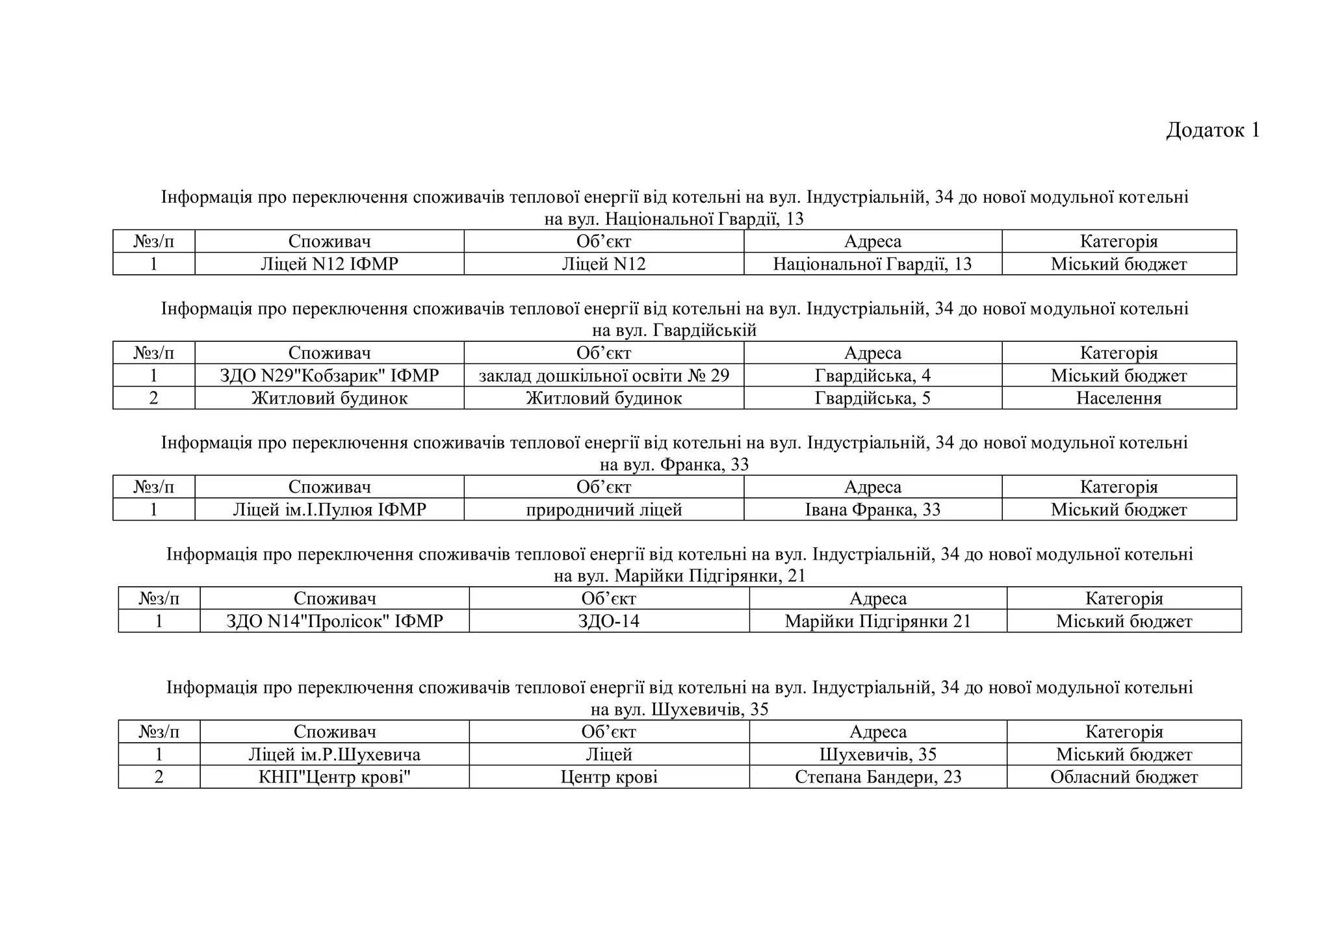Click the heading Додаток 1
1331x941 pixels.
point(1213,130)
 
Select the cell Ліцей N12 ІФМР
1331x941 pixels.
point(330,264)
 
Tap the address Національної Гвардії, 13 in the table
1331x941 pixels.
point(872,264)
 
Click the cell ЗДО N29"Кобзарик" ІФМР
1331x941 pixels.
point(330,376)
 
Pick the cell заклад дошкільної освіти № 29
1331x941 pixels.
point(604,376)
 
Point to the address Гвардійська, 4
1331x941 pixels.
point(872,376)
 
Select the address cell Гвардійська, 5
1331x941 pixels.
point(872,398)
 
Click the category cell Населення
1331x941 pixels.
point(1118,398)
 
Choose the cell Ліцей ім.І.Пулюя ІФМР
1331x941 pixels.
point(330,509)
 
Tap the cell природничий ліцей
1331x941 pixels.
point(604,509)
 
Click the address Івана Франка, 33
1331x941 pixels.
point(872,509)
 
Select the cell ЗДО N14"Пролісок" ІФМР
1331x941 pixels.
point(335,621)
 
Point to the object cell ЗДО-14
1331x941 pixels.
point(609,621)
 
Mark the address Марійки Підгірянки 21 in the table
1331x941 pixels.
point(877,621)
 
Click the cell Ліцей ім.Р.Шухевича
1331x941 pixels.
point(335,754)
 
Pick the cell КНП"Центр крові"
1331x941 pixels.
point(335,777)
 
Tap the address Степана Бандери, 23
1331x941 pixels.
point(877,777)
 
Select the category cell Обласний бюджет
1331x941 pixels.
point(1124,777)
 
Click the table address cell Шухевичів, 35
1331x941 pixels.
point(877,754)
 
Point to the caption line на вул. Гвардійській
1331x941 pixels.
point(674,331)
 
